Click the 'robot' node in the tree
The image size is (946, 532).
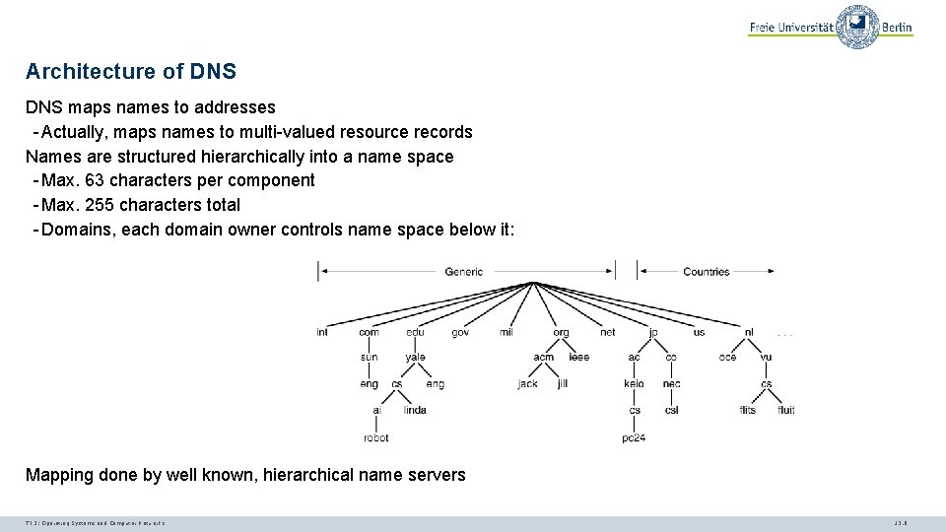click(375, 437)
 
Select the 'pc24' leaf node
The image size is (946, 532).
click(634, 437)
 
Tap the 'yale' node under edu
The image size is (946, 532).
click(415, 357)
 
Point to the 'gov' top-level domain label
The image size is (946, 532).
click(460, 332)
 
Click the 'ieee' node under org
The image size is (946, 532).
click(578, 357)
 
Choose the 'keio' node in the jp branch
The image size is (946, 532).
click(634, 383)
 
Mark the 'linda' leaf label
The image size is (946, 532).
click(415, 410)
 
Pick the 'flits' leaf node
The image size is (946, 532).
click(747, 410)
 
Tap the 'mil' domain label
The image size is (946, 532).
click(507, 332)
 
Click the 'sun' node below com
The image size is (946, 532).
click(369, 357)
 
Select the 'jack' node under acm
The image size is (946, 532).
click(528, 383)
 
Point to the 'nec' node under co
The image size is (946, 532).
click(671, 383)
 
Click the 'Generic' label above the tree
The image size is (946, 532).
click(464, 271)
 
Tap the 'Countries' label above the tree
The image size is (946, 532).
click(706, 271)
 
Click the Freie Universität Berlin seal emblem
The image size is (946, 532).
click(856, 27)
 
